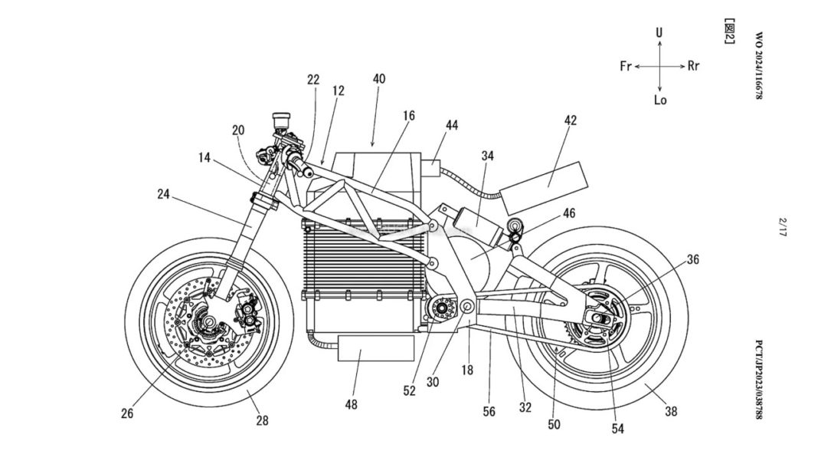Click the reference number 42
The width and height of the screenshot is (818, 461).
[570, 120]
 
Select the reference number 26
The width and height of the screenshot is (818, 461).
[127, 413]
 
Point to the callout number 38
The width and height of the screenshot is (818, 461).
[671, 412]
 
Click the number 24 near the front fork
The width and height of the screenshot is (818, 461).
[165, 194]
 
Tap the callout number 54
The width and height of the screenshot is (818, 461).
[617, 429]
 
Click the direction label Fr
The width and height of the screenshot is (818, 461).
[626, 66]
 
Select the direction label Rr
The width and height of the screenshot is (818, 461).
[693, 66]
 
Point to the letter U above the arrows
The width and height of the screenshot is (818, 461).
[659, 32]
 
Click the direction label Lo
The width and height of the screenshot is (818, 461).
[660, 100]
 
